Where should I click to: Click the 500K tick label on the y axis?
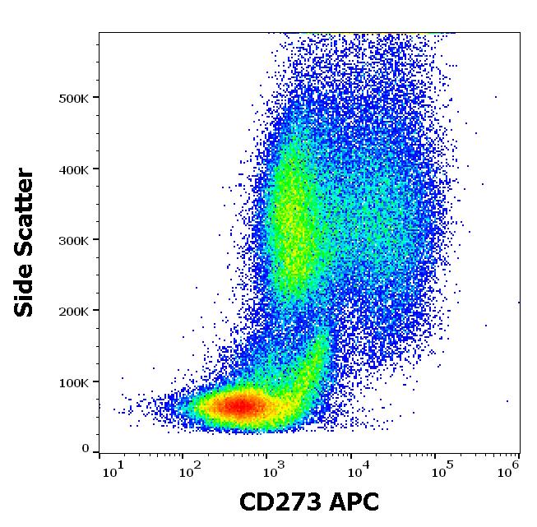point(74,98)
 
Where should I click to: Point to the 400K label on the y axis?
point(74,169)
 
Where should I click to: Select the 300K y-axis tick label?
point(74,240)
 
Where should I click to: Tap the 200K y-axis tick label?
point(74,311)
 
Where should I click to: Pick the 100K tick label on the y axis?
point(74,381)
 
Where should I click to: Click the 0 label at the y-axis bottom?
point(85,449)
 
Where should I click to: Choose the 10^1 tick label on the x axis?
point(113,470)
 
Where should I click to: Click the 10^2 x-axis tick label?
point(190,470)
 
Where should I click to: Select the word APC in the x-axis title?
point(354,503)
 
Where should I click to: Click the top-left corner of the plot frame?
point(99,33)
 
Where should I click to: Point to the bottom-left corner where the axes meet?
point(99,452)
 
